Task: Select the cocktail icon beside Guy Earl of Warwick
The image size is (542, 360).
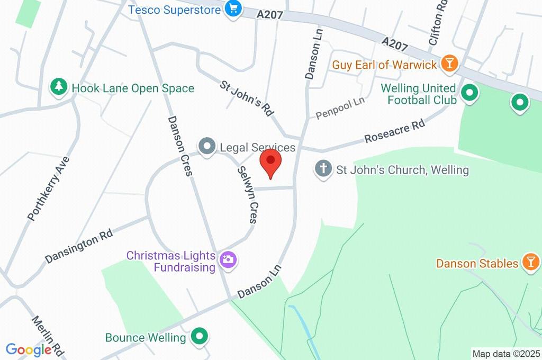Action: pyautogui.click(x=449, y=64)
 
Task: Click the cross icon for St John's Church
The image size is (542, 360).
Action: pyautogui.click(x=322, y=169)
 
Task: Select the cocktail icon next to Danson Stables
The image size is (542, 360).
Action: pyautogui.click(x=530, y=263)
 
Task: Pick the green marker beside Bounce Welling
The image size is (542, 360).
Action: pyautogui.click(x=200, y=336)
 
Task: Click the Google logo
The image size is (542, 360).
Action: pyautogui.click(x=29, y=350)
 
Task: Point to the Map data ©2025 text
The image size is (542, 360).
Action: pyautogui.click(x=506, y=354)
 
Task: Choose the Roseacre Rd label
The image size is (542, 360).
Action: pyautogui.click(x=395, y=132)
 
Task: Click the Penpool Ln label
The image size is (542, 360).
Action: pyautogui.click(x=340, y=107)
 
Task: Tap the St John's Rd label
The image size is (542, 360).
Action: pyautogui.click(x=247, y=98)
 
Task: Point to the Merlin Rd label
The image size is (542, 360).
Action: pyautogui.click(x=48, y=336)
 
